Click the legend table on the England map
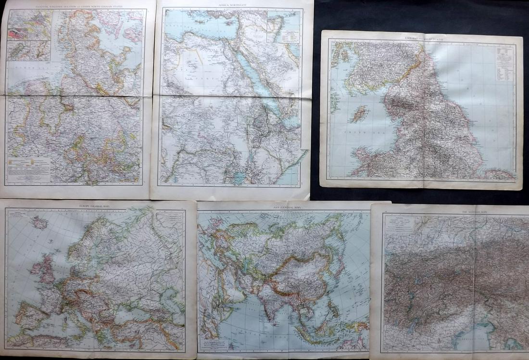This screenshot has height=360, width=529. coord(505,63)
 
